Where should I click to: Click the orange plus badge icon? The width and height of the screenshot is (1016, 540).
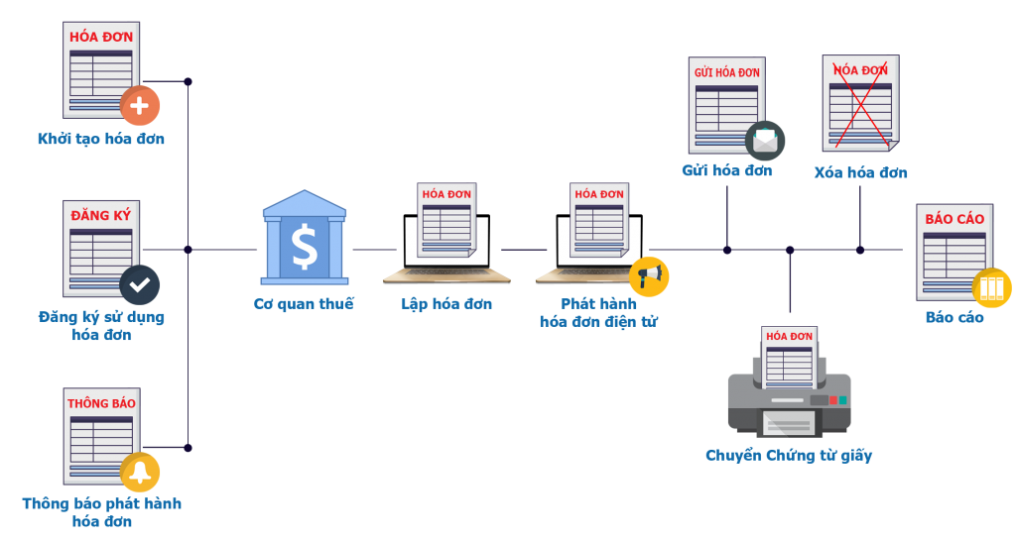coord(140,106)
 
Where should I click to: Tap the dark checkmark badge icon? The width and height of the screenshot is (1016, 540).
coord(140,284)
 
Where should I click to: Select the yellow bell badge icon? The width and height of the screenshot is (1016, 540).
coord(140,472)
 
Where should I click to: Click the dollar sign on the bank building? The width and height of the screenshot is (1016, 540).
coord(305,248)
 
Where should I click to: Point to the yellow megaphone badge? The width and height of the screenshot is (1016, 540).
coord(649,276)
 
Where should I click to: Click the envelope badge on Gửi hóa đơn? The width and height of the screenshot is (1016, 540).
coord(765,141)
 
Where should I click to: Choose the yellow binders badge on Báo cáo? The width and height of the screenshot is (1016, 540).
coord(991,288)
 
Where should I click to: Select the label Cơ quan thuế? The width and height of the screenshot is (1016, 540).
coord(304,304)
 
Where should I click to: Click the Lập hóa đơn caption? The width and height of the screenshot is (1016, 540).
coord(446,304)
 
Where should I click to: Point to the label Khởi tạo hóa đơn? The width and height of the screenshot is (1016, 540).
coord(101,139)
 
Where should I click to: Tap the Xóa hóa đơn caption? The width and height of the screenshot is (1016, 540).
coord(860,172)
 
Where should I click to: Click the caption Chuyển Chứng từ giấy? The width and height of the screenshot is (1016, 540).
coord(789,456)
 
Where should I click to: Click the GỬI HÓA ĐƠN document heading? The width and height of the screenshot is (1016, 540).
coord(726,72)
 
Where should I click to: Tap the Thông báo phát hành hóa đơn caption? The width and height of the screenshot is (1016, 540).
coord(101,511)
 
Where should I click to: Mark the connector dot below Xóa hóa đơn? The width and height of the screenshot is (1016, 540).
coord(860,250)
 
